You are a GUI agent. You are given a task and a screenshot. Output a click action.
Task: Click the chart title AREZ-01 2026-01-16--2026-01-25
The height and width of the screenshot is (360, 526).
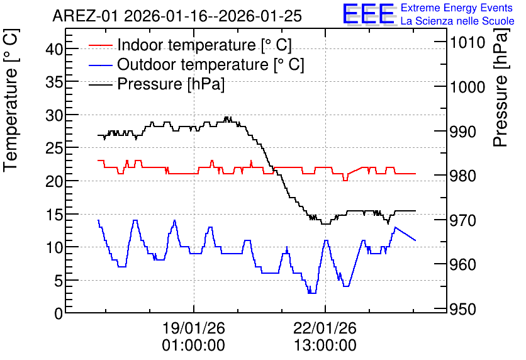pos(177,16)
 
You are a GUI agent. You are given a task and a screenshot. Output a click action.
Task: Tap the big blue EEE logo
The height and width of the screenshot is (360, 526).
pos(368,14)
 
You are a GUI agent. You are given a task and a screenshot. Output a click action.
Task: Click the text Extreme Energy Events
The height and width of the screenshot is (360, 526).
pos(457,8)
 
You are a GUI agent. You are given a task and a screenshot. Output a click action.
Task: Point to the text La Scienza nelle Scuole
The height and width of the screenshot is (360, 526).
pos(457,21)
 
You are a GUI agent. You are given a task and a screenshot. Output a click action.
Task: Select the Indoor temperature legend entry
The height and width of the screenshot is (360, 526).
pos(190,45)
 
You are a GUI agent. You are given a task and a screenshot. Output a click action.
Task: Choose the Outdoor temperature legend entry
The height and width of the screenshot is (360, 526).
pos(196,64)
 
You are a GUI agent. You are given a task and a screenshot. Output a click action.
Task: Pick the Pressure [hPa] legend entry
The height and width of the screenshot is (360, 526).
pos(157,84)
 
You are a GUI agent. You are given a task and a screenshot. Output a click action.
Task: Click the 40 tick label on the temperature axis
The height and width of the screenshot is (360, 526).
pos(54,49)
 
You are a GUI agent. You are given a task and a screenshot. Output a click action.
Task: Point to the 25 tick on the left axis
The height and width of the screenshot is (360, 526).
pos(54,148)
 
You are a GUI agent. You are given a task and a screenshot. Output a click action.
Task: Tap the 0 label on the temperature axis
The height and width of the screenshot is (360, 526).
pos(59,313)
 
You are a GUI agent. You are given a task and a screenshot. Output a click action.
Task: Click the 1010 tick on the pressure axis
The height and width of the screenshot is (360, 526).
pos(467,42)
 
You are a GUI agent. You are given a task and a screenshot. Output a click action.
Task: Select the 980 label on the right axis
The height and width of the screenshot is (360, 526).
pos(463,176)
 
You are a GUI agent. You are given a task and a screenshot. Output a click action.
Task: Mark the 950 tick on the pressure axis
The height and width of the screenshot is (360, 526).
pos(463,308)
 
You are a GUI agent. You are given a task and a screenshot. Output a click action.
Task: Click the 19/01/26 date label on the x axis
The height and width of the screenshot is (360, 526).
pos(194,328)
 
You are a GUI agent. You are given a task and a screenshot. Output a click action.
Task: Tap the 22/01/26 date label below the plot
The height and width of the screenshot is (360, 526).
pos(325,328)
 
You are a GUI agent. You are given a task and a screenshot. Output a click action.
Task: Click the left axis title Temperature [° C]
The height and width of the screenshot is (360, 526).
pos(11,100)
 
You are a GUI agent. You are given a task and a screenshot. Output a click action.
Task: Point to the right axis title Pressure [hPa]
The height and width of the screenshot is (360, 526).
pos(500,87)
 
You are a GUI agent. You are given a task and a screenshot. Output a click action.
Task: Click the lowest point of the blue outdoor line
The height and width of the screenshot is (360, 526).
pos(312,293)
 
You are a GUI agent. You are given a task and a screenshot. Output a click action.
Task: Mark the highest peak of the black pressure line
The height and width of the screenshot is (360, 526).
pos(227,117)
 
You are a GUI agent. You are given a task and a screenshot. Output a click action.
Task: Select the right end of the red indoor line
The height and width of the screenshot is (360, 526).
pos(416,174)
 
